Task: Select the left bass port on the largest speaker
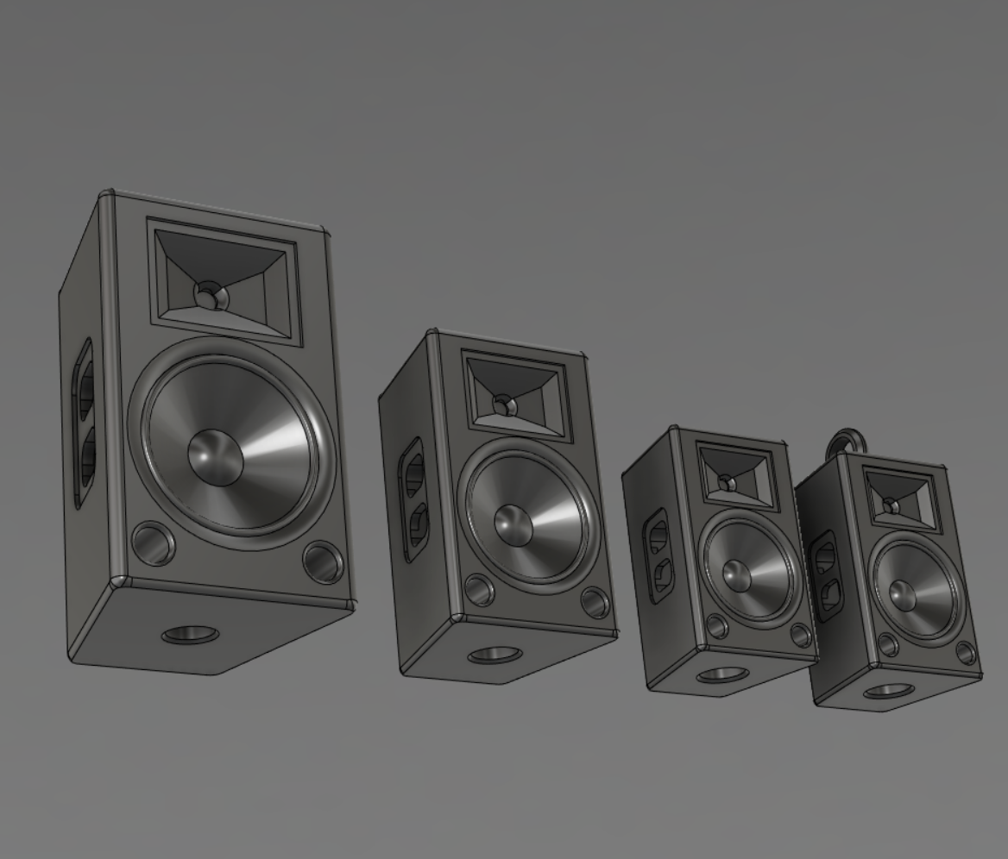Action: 153,543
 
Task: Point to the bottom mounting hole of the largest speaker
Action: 190,636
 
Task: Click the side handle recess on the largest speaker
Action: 84,423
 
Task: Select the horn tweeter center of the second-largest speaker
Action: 504,404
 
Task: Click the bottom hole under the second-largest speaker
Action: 494,655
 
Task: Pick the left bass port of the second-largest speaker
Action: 478,591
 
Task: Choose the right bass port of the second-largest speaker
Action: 595,601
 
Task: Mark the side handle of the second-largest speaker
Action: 413,498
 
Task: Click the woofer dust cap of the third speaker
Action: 737,575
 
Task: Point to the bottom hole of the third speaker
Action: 721,674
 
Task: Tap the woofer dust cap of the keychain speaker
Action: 903,593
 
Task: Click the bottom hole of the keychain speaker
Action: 889,691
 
